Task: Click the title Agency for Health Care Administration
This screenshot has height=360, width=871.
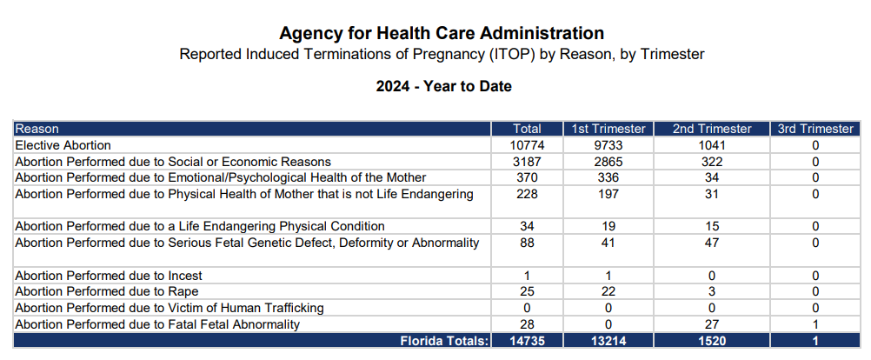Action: (442, 34)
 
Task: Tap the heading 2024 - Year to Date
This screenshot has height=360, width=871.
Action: (443, 87)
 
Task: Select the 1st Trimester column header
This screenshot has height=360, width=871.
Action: (608, 129)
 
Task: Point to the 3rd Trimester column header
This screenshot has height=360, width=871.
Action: (814, 129)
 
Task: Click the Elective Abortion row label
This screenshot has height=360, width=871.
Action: (63, 145)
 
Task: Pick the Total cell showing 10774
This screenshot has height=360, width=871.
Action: (527, 145)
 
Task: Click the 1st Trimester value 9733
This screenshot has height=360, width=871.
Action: (608, 145)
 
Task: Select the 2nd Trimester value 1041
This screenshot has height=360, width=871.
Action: (711, 145)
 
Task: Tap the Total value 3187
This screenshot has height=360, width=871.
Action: (527, 162)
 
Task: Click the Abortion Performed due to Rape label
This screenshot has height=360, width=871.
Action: (101, 291)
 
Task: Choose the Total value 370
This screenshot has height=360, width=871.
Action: (527, 177)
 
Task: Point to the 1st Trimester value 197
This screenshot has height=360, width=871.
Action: (608, 194)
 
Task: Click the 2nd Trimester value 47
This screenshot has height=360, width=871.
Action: (711, 243)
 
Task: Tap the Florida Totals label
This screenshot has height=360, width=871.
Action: (444, 341)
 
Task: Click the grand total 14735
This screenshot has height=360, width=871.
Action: (527, 341)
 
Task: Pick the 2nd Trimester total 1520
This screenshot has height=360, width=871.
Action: (711, 341)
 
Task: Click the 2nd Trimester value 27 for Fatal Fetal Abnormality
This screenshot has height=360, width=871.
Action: (711, 324)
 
